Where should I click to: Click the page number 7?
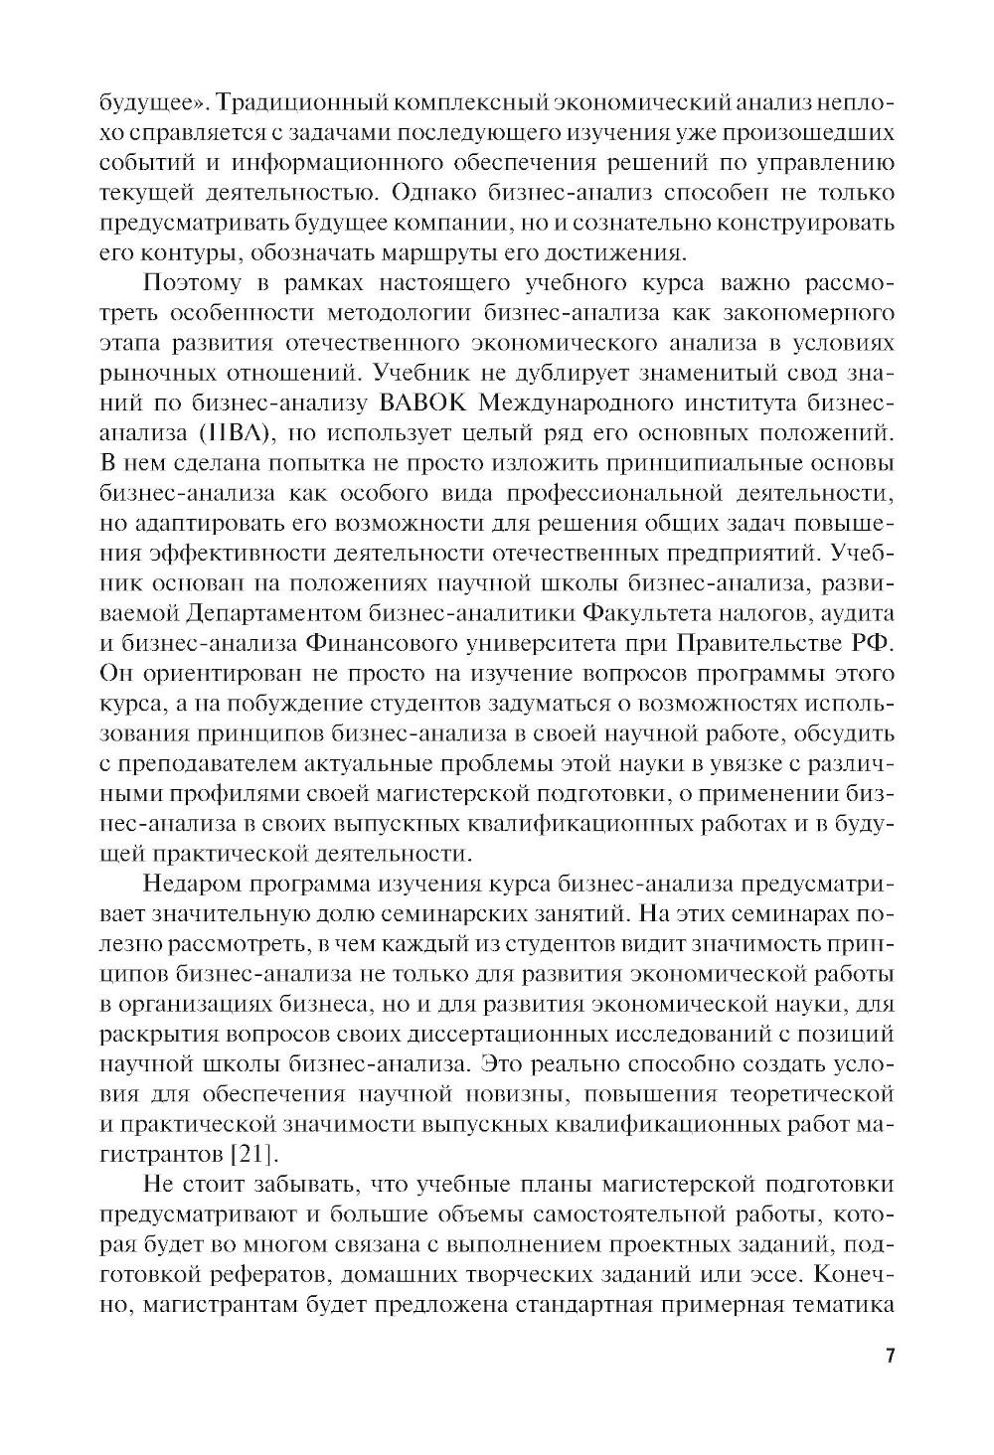point(891,1357)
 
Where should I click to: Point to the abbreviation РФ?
point(873,643)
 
